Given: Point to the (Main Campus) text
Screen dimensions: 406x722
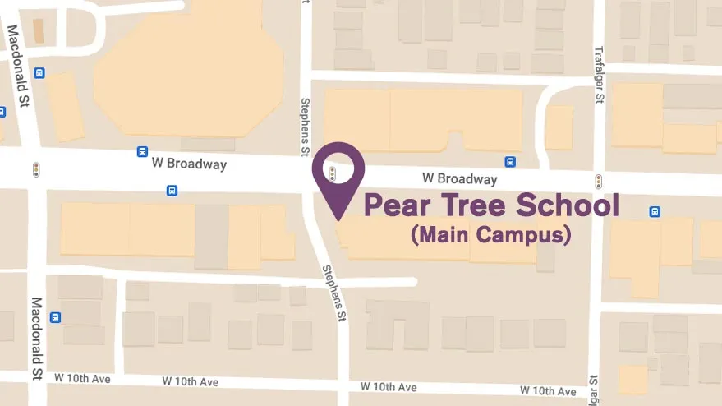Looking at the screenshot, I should (x=490, y=235).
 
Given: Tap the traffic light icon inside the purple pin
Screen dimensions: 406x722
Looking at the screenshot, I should (x=332, y=173).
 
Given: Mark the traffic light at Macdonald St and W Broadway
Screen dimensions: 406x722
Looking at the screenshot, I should (x=35, y=169).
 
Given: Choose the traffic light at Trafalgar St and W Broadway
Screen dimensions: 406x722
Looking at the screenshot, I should (x=599, y=180).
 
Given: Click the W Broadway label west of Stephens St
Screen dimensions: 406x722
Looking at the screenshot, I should (x=188, y=164).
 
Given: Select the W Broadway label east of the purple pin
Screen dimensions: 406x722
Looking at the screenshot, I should (x=459, y=178).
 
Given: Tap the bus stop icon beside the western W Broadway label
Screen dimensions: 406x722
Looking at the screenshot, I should (x=142, y=152).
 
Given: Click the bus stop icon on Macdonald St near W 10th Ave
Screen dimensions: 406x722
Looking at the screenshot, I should (x=55, y=317).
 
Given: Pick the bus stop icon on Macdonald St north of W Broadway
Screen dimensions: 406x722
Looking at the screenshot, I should (x=39, y=73).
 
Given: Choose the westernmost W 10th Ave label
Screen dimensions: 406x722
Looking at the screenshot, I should (x=82, y=378).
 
